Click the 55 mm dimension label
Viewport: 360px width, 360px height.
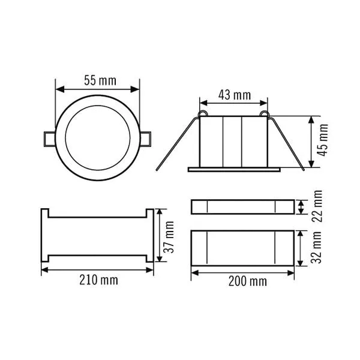pos(100,80)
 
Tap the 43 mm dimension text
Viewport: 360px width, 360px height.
pos(235,95)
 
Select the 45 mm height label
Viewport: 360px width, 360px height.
pos(323,140)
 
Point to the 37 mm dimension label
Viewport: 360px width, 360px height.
pos(169,237)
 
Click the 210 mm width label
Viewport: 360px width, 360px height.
pos(99,280)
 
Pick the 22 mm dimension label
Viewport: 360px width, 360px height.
pos(317,206)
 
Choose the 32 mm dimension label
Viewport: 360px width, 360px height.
pos(316,247)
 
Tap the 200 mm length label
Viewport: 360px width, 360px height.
pos(247,281)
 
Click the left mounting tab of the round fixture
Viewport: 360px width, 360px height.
pos(49,139)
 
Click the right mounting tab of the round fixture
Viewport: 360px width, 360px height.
pos(145,139)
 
